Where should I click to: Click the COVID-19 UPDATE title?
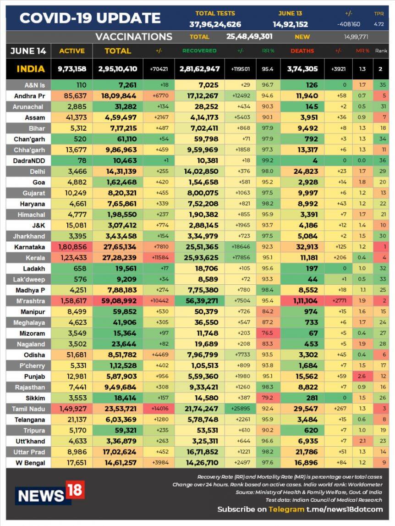click(x=90, y=18)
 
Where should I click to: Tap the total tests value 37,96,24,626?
click(x=215, y=24)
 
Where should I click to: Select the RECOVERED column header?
click(x=199, y=51)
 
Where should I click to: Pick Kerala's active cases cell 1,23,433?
click(x=72, y=257)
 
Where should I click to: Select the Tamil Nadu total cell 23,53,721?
click(x=117, y=409)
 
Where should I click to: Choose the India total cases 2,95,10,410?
click(x=117, y=69)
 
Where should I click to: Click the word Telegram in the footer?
click(x=286, y=509)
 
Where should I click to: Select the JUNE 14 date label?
click(x=28, y=51)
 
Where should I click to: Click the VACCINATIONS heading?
click(x=133, y=37)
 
